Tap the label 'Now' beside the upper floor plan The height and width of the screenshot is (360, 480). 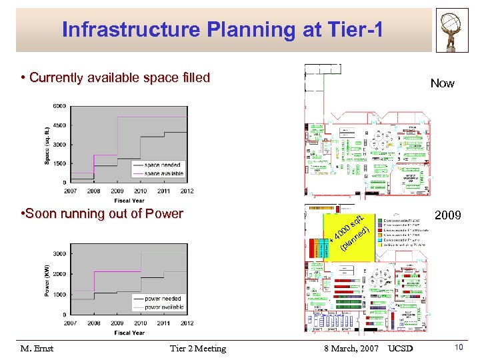442,83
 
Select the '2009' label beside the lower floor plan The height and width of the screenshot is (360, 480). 447,215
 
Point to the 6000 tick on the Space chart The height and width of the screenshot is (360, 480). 59,106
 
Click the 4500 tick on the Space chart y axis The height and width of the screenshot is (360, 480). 59,125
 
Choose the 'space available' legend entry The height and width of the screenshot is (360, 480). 163,173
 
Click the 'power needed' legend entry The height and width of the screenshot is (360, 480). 163,299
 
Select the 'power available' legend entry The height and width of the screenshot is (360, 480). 164,307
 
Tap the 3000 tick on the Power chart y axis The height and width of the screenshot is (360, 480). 59,253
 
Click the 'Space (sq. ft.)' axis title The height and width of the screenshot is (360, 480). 47,145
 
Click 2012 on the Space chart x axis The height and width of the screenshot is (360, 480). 187,191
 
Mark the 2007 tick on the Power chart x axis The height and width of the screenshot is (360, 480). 70,323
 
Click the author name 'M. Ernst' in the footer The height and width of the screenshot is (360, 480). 37,349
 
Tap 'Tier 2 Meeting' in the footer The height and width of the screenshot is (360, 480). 198,349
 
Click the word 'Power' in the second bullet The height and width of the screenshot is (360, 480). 164,214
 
